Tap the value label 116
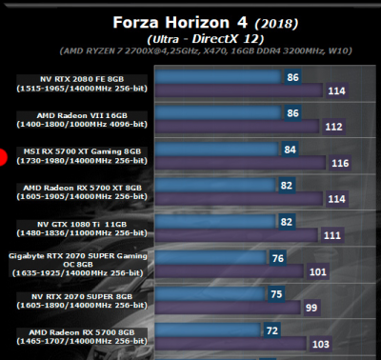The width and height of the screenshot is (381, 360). click(x=338, y=164)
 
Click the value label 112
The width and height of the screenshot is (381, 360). click(x=333, y=126)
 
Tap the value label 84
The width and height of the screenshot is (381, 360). click(x=289, y=149)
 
